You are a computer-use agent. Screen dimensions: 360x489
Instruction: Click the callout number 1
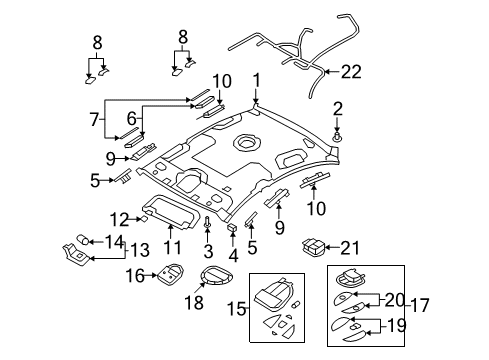tap(256, 80)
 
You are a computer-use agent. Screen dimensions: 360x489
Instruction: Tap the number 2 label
tap(338, 108)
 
